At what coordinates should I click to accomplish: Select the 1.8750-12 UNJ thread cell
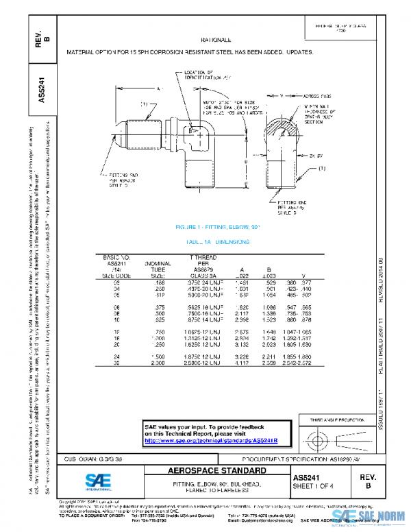point(206,356)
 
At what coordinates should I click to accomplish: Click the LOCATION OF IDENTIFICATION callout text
point(209,75)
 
